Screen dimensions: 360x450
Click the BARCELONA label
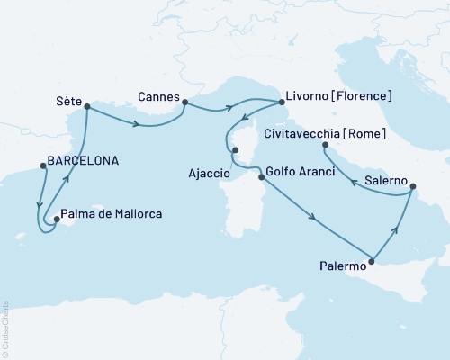coord(89,165)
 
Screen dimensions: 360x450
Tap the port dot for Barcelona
coord(41,165)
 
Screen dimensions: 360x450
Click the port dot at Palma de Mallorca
coord(55,218)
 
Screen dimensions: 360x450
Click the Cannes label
coord(157,94)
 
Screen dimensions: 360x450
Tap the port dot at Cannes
coord(184,101)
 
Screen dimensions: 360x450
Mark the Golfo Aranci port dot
coord(262,178)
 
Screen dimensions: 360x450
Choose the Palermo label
coord(343,265)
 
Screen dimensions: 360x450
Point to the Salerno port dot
coord(412,188)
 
